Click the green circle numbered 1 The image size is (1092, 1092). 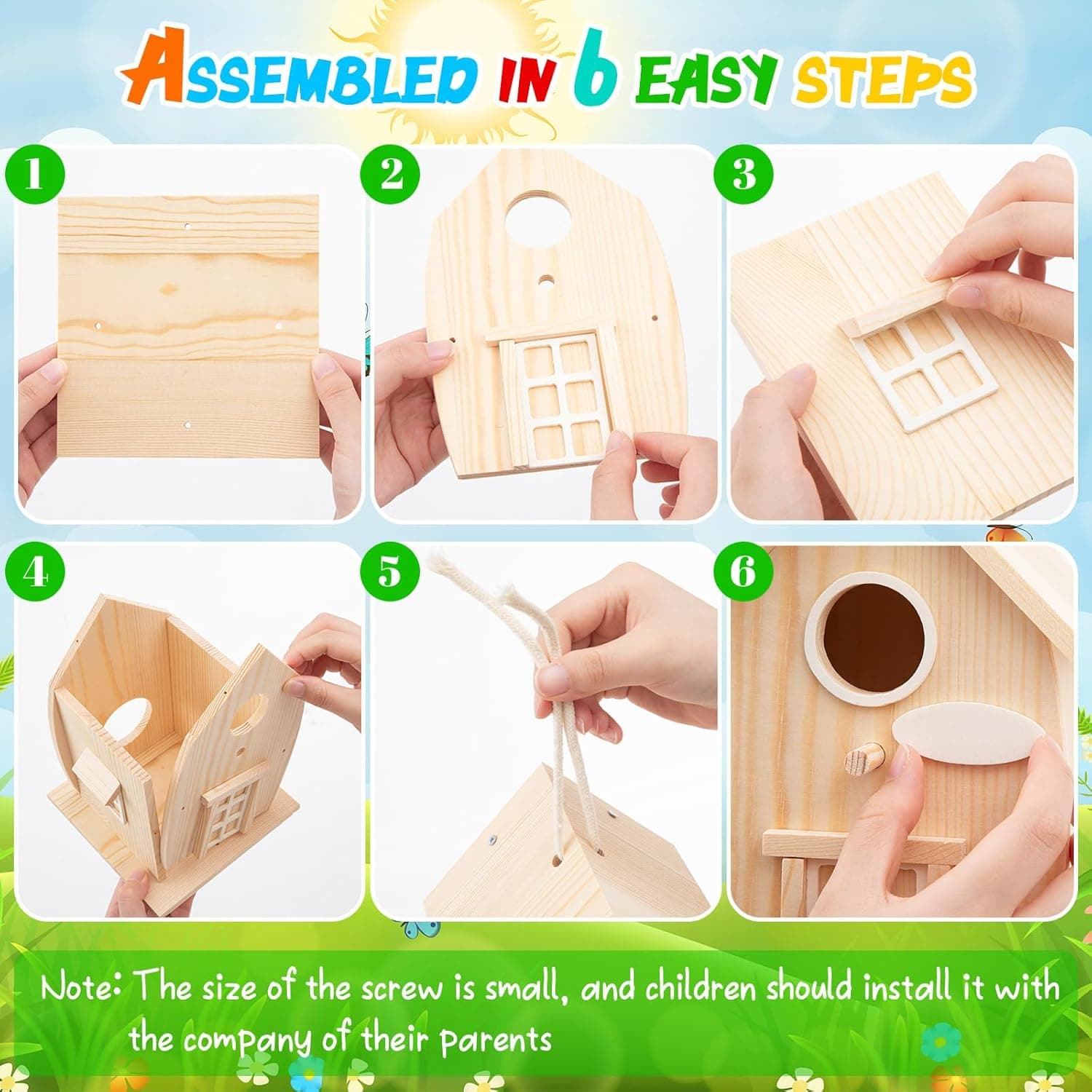click(35, 175)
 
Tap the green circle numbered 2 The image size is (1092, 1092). click(391, 175)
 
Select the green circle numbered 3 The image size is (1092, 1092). click(743, 175)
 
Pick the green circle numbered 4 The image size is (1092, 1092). click(35, 572)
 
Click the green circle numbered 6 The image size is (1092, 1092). click(743, 572)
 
